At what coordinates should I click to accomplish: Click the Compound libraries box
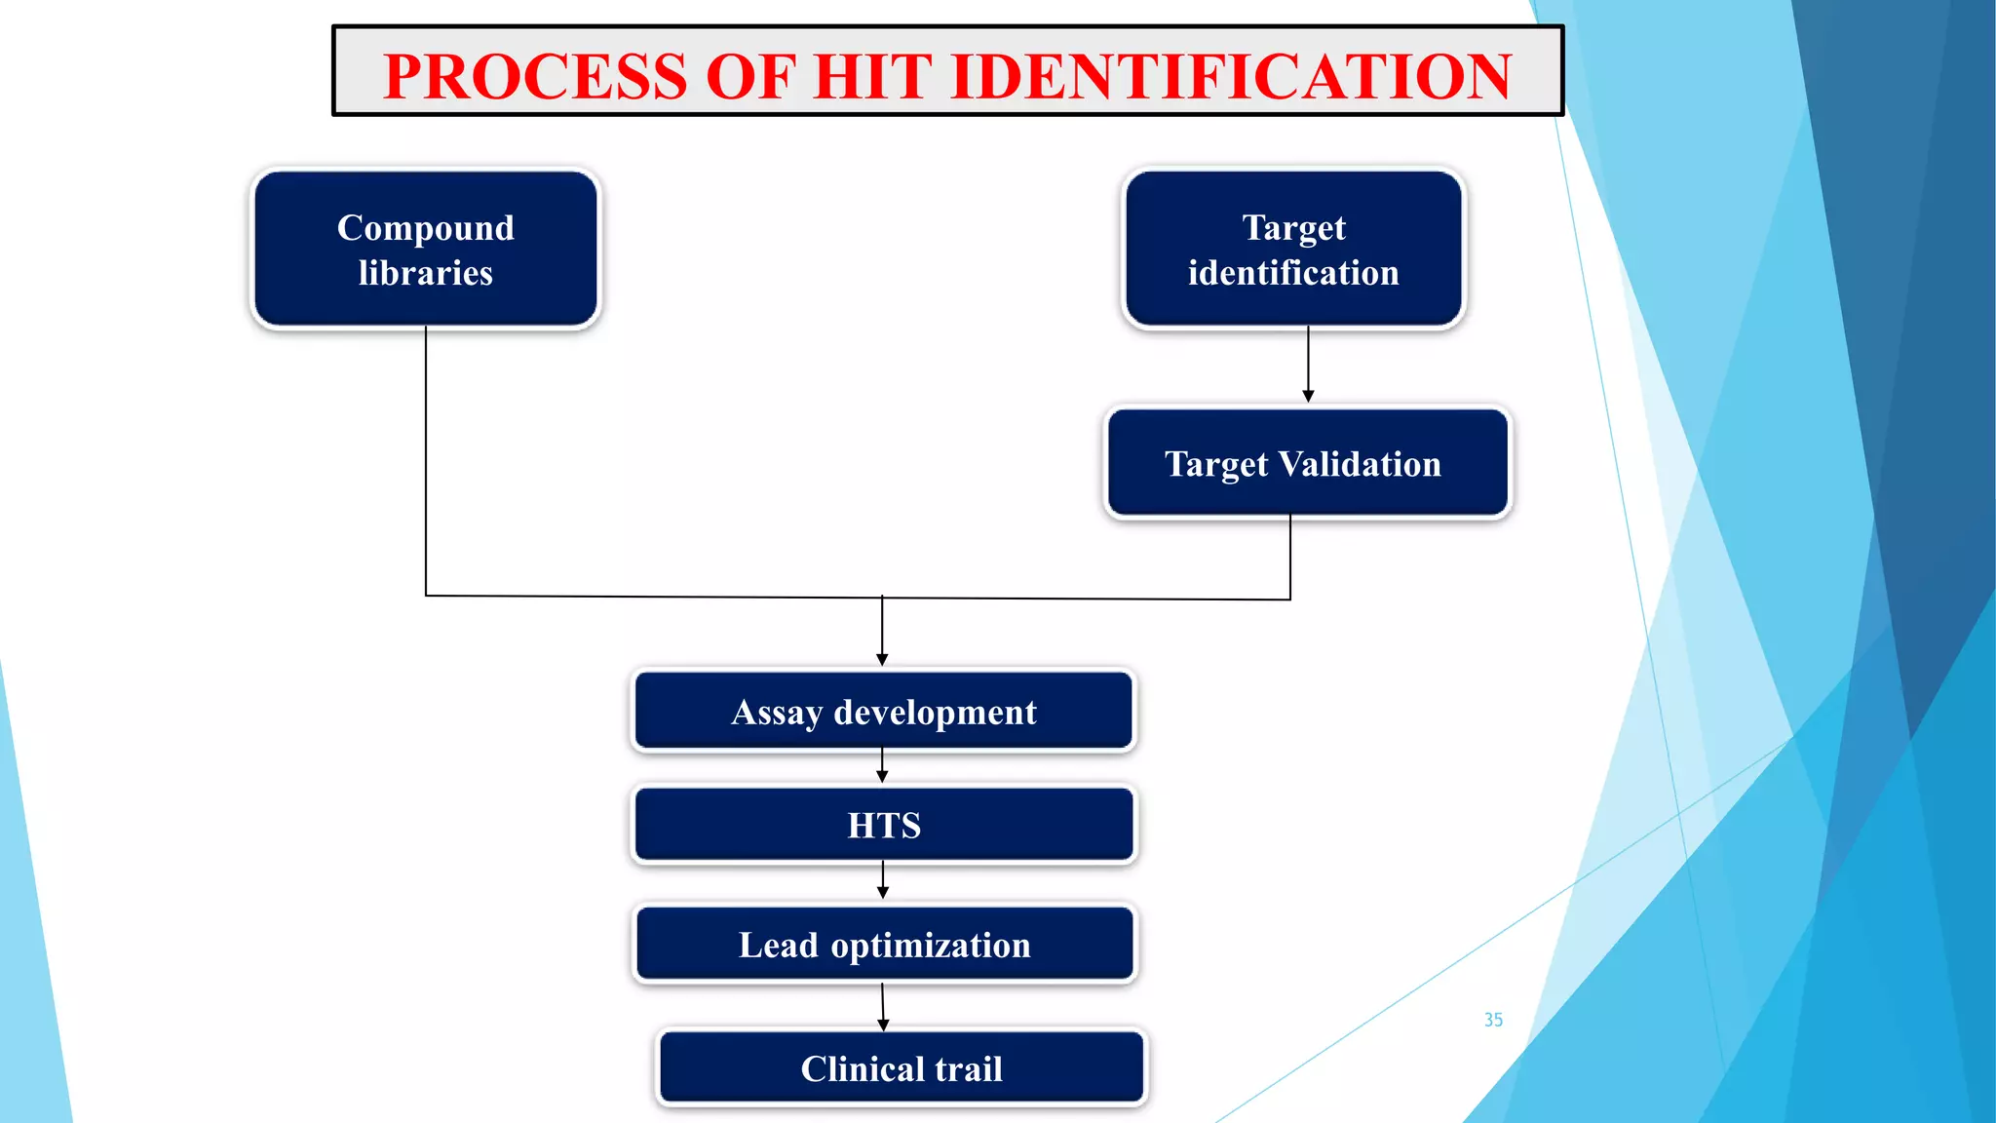click(x=426, y=250)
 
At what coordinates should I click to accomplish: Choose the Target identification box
click(x=1293, y=250)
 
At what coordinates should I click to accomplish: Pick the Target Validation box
click(x=1307, y=463)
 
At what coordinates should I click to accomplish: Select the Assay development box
click(x=883, y=712)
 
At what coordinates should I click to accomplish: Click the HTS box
click(x=883, y=825)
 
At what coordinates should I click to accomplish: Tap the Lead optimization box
click(x=883, y=945)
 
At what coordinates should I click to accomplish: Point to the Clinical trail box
click(x=902, y=1068)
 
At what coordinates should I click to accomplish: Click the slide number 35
click(x=1493, y=1020)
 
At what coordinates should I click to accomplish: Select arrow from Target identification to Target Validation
click(x=1308, y=365)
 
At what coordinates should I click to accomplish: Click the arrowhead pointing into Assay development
click(x=882, y=660)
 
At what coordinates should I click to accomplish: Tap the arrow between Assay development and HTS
click(x=882, y=766)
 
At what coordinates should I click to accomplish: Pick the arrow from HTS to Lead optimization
click(x=883, y=879)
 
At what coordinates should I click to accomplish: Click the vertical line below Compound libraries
click(x=426, y=458)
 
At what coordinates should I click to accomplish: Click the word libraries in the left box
click(x=425, y=273)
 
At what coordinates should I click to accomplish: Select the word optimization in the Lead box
click(x=931, y=946)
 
